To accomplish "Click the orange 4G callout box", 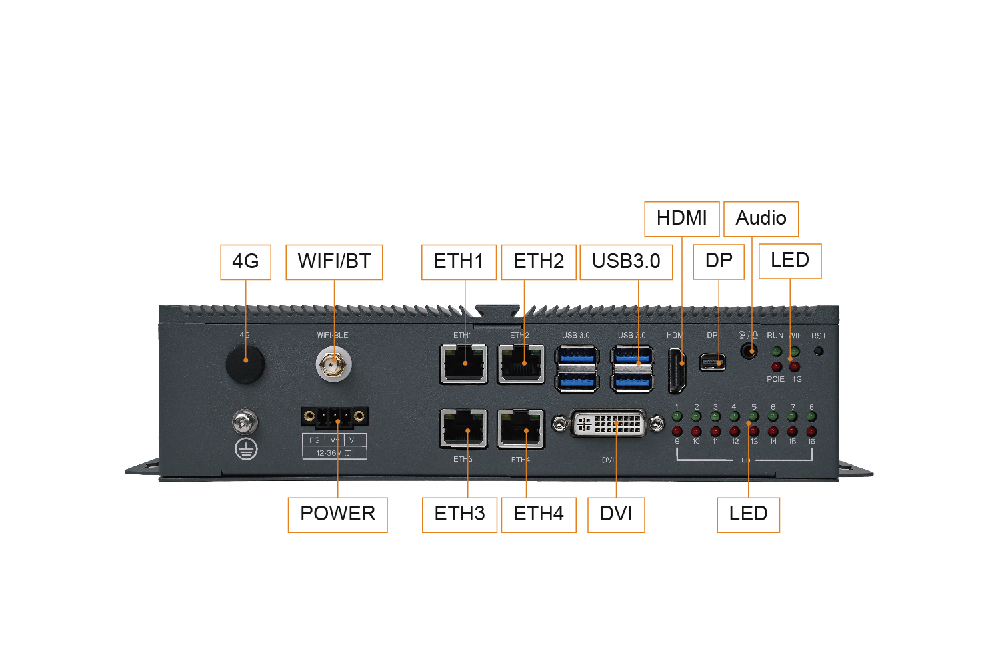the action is click(x=245, y=262).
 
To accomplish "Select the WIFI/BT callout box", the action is click(x=334, y=262).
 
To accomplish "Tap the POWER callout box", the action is click(x=337, y=515).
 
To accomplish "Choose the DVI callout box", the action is click(x=616, y=515).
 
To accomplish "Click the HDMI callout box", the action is click(x=682, y=219).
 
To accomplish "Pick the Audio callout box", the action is click(x=761, y=219).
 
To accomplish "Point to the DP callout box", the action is click(x=718, y=261).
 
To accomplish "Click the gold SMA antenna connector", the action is click(x=333, y=365).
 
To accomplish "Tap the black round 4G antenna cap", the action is click(x=245, y=364).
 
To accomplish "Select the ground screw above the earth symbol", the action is click(x=245, y=422).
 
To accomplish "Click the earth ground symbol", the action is click(x=246, y=448).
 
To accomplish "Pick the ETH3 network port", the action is click(x=463, y=428).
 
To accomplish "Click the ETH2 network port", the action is click(x=521, y=364).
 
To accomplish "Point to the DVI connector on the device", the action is click(x=607, y=423).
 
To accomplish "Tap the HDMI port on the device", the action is click(x=677, y=371).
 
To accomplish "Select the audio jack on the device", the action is click(x=749, y=351).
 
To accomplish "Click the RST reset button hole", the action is click(x=818, y=351).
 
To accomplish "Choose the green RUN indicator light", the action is click(x=777, y=351).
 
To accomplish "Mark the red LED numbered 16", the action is click(x=811, y=431).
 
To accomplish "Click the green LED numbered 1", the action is click(x=677, y=416).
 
